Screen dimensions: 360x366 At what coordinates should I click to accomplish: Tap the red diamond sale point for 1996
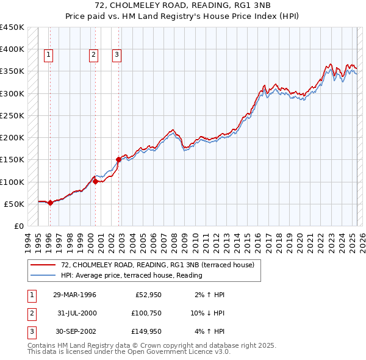(x=50, y=203)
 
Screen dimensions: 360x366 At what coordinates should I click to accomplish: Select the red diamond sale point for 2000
(x=96, y=181)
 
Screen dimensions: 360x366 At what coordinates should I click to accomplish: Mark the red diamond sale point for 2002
(x=118, y=160)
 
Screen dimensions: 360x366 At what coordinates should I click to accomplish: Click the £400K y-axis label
(x=12, y=49)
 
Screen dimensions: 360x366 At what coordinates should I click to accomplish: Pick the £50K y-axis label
(x=14, y=204)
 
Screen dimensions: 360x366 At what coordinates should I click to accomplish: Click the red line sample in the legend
(x=43, y=264)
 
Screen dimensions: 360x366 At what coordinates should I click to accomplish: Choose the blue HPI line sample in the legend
(x=43, y=275)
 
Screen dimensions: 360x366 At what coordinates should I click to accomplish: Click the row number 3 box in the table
(x=31, y=332)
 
